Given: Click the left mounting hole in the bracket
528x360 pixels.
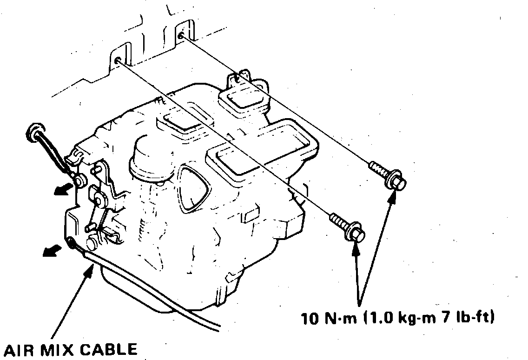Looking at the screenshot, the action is (x=118, y=61).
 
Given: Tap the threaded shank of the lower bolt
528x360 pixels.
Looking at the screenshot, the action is (x=338, y=219).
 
